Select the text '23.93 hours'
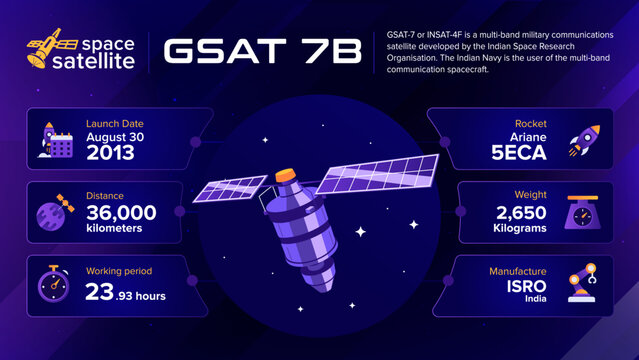125,294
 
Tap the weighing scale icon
583,214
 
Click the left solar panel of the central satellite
230,196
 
